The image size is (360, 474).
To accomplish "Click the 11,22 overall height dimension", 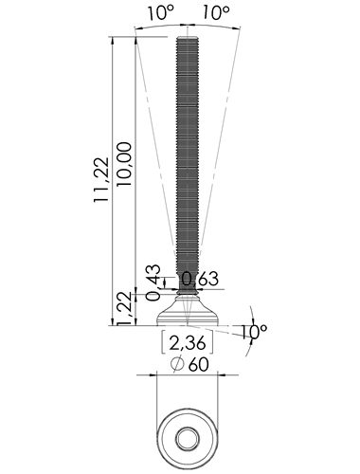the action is pos(101,179).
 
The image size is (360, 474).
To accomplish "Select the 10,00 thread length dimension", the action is pos(124,164).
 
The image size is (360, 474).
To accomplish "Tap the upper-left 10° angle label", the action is pos(161,13).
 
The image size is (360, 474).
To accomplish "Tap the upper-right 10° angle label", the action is pos(216,13).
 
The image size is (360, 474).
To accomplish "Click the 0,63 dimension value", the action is pos(200,279).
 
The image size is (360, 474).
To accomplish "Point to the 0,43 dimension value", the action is pos(153,283).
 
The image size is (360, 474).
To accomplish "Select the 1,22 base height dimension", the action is pos(124,308).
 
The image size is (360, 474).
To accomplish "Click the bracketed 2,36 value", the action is pos(188,343).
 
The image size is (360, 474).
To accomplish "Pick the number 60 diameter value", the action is pos(199,365).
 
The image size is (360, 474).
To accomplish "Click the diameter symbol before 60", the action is pos(177,365).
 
